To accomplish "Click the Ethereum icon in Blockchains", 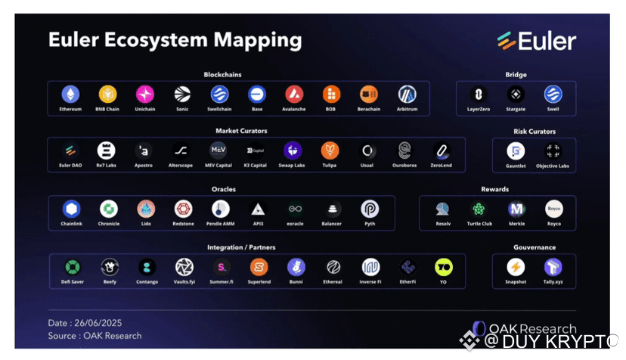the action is point(70,94).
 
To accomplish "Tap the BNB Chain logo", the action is point(107,94).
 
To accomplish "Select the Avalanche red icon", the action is point(295,94).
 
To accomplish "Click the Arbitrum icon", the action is point(408,94).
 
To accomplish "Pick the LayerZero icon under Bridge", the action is point(479,94).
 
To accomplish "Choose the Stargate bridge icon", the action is point(516,94).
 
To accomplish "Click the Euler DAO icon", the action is point(70,151).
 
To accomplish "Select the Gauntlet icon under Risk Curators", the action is point(516,151).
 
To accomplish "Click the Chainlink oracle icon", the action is point(71,209).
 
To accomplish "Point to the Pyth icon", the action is point(370,209).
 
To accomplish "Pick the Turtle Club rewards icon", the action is point(479,209).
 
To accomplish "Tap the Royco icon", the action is point(554,209).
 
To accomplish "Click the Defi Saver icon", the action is point(73,267).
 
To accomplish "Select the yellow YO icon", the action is point(444,267).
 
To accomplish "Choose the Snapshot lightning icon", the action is point(516,267).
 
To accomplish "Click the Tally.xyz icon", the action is point(553,267).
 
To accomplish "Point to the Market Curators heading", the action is point(241,131).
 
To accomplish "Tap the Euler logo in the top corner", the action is point(537,41).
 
